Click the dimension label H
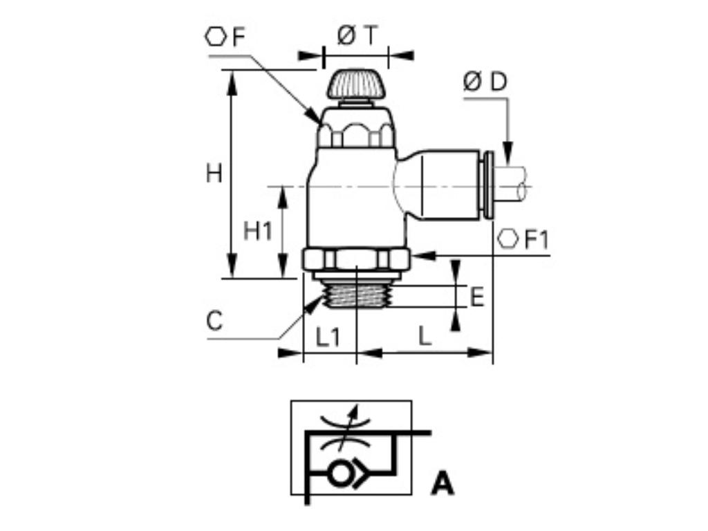coord(214,174)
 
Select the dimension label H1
coord(258,232)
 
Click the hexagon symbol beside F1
coord(507,239)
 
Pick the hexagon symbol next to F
coord(215,37)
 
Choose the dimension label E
coord(476,297)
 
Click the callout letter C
coord(216,322)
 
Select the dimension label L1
coord(328,337)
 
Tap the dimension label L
coord(425,337)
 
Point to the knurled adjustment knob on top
coord(355,84)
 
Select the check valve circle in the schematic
coord(339,474)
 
